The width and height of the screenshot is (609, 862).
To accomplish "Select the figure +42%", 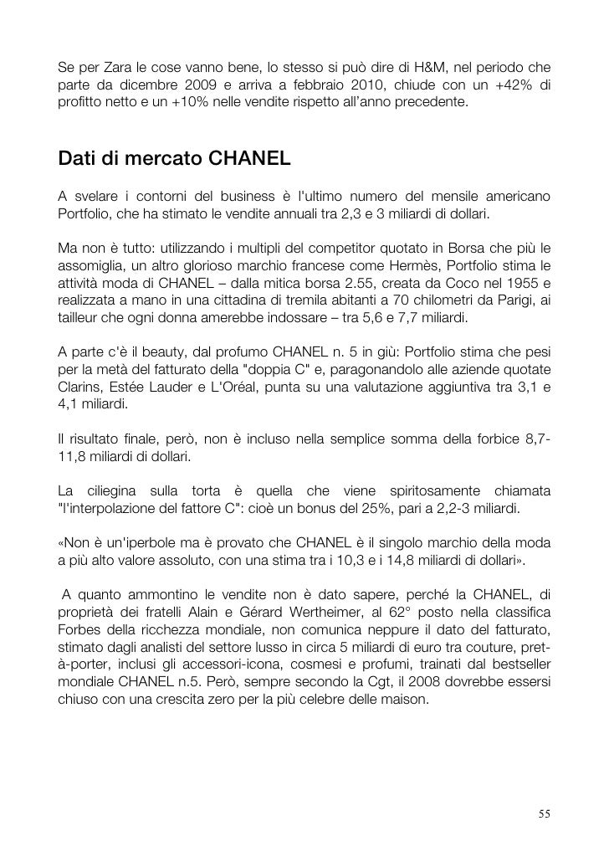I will click(504, 86).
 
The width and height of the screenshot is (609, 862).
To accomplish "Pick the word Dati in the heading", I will click(78, 157).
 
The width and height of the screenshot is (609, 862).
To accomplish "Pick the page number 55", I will click(545, 814).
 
